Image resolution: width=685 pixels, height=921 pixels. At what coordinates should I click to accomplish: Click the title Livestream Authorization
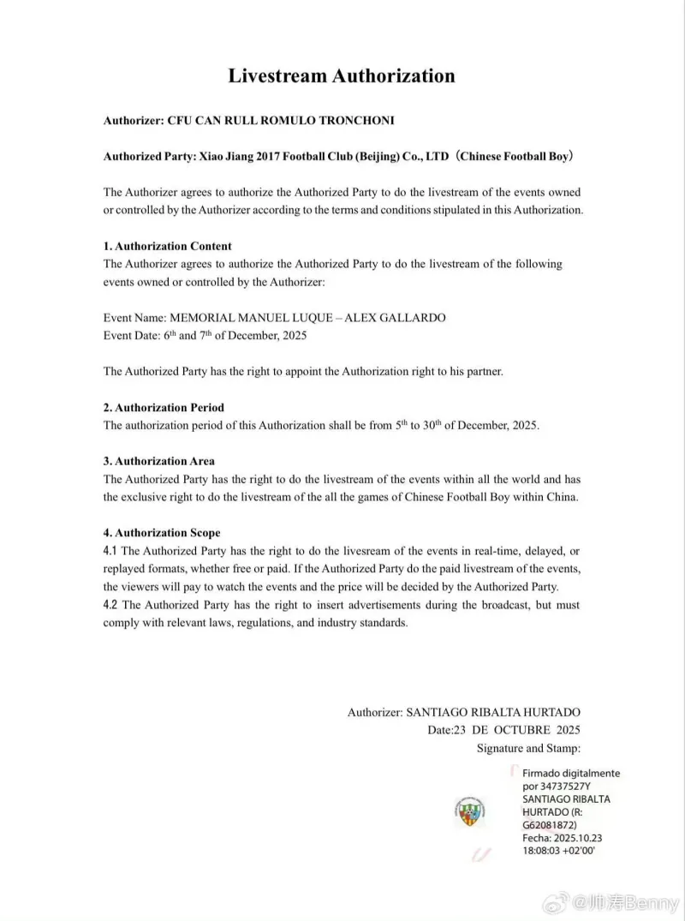pos(342,75)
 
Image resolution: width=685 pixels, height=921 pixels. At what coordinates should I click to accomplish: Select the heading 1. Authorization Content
pos(167,246)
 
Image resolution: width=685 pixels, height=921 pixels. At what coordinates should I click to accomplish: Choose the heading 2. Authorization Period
pos(164,407)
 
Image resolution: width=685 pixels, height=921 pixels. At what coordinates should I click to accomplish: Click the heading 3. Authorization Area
pos(158,461)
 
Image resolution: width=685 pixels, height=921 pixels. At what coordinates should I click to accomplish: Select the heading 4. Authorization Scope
pos(162,533)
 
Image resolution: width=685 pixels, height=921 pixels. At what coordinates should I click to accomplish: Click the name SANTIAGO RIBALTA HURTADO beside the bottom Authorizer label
pos(492,712)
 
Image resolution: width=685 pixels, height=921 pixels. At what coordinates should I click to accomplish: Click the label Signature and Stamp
pos(528,748)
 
